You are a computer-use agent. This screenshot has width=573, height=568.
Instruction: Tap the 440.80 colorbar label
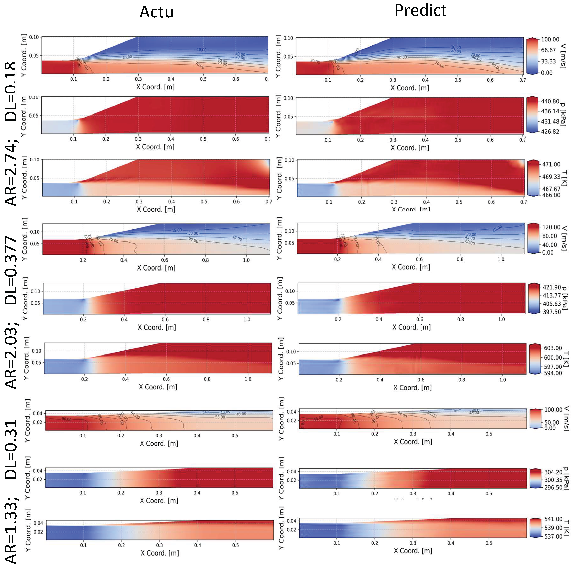(x=550, y=101)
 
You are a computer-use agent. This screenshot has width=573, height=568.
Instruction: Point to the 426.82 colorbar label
(x=550, y=132)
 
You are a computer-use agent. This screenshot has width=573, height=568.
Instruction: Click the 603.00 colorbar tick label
(x=553, y=348)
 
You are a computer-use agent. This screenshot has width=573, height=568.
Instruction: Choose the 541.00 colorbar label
(x=553, y=519)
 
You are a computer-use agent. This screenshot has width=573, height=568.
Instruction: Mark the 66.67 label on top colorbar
(x=548, y=50)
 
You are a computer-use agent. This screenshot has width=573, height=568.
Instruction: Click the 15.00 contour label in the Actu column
(x=177, y=230)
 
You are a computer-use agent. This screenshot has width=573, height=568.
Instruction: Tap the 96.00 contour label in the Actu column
(x=66, y=419)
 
